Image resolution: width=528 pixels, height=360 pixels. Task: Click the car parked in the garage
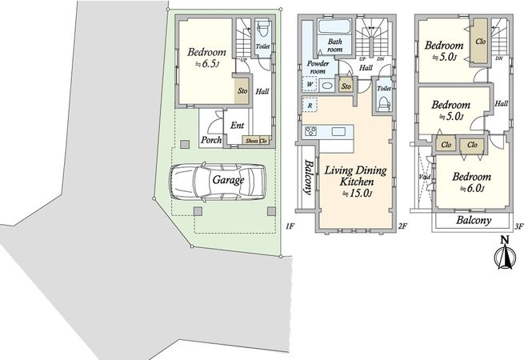click(x=217, y=182)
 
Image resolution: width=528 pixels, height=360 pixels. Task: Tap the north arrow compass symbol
click(x=505, y=254)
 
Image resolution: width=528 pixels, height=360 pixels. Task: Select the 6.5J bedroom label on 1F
click(x=206, y=58)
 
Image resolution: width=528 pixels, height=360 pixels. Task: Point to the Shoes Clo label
click(x=257, y=141)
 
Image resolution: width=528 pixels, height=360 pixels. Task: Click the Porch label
click(x=211, y=139)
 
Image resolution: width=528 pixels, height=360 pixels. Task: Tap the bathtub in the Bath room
click(x=334, y=26)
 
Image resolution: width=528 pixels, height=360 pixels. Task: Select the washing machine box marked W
click(x=310, y=84)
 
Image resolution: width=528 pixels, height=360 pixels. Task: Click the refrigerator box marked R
click(x=310, y=105)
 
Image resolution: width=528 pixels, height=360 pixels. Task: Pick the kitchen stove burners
click(x=310, y=131)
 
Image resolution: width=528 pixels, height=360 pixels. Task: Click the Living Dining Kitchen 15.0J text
click(x=356, y=181)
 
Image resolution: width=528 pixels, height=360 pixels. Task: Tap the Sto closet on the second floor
click(x=346, y=86)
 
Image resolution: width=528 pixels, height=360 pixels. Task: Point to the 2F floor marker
click(x=402, y=226)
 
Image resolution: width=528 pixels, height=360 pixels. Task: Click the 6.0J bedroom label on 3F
click(x=471, y=182)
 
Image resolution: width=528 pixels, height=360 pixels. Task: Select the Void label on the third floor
click(x=425, y=177)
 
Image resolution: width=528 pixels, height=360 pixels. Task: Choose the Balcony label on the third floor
click(x=474, y=221)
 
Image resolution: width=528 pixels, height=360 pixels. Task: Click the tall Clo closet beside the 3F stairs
click(x=480, y=41)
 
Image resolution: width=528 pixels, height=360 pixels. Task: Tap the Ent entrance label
click(x=237, y=126)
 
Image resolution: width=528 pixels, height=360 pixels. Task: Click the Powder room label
click(x=318, y=67)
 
